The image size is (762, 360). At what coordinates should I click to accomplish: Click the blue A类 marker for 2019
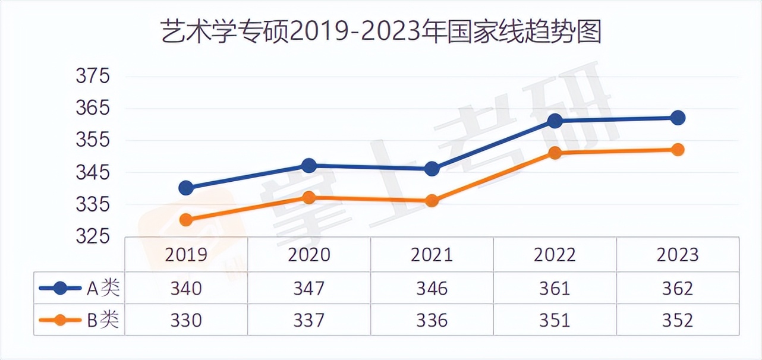click(186, 188)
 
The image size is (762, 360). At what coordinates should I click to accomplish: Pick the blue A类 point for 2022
click(555, 121)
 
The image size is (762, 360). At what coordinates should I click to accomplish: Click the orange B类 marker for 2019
click(186, 220)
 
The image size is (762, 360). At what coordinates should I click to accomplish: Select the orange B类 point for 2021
click(432, 201)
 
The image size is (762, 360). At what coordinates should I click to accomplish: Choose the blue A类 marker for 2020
click(309, 166)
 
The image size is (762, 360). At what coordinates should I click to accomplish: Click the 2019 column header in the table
click(186, 254)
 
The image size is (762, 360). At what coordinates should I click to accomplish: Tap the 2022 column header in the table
click(555, 254)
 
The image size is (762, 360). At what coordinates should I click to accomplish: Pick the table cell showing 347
click(309, 289)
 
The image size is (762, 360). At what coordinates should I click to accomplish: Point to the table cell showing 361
click(555, 289)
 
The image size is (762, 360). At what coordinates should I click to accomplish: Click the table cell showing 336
click(432, 320)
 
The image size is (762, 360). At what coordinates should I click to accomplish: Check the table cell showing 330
click(186, 320)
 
